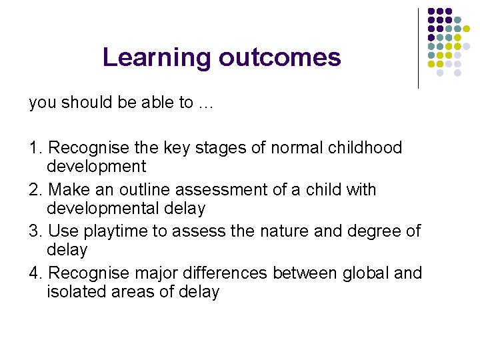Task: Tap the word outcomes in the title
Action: tap(279, 58)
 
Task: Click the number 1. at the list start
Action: tap(37, 147)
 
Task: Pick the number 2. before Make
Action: tap(37, 190)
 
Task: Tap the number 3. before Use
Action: tap(37, 231)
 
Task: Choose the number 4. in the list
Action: tap(37, 273)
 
